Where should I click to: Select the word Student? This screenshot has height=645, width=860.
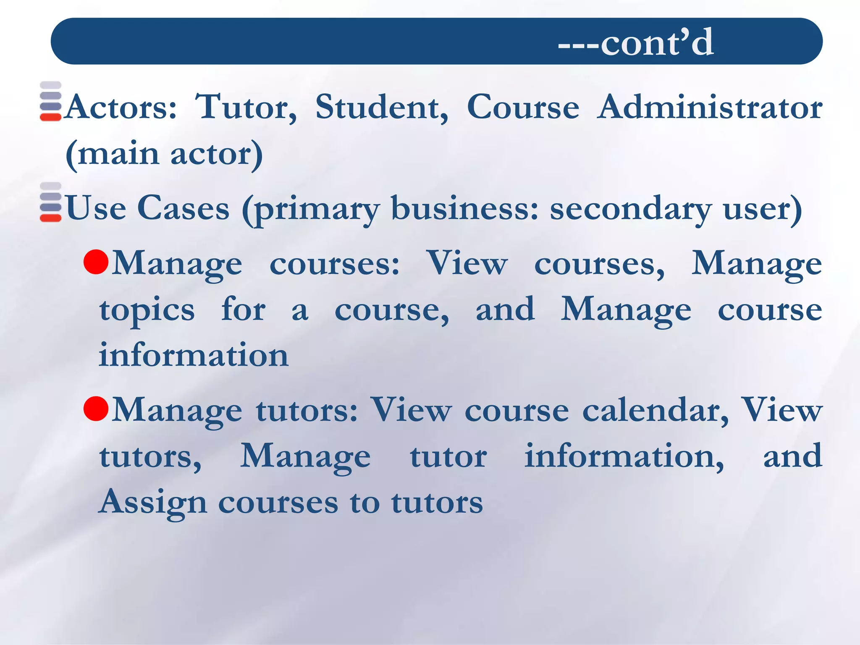(381, 107)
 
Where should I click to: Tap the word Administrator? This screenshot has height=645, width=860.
(709, 107)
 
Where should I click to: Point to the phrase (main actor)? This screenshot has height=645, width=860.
(164, 154)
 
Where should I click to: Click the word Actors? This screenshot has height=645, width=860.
(121, 107)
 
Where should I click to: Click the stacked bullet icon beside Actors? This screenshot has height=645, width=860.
(51, 101)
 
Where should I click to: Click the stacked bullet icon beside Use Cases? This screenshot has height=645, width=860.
(51, 202)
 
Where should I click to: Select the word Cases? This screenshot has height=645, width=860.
(184, 208)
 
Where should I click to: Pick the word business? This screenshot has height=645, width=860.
(464, 208)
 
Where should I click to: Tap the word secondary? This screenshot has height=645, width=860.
(631, 208)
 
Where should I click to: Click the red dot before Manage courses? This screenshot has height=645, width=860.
(96, 262)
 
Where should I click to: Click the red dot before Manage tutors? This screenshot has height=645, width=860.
(96, 408)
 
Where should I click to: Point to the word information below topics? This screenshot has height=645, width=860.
(194, 355)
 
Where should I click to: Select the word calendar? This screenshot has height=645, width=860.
(655, 410)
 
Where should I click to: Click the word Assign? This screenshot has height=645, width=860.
(153, 502)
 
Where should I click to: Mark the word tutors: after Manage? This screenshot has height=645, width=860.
(307, 410)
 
